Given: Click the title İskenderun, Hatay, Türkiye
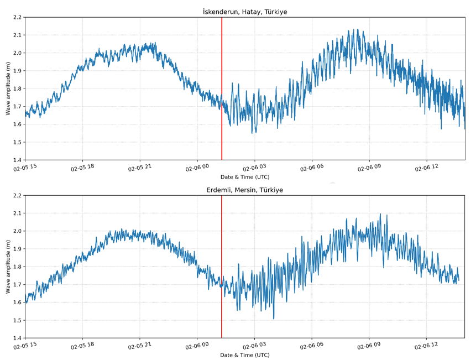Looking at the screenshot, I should tap(245, 12).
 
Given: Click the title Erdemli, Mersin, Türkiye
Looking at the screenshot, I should tap(245, 190).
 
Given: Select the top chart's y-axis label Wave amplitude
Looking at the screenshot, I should tap(8, 88).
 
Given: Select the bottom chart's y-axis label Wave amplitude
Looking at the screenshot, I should tap(8, 267).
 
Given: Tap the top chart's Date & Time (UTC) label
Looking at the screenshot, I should tap(245, 177).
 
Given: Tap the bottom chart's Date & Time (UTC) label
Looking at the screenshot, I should tap(245, 355).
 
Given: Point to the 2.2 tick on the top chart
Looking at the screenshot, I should tap(16, 17).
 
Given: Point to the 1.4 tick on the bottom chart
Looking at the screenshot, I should tap(16, 338).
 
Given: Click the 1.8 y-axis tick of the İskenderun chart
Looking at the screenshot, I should tap(16, 88).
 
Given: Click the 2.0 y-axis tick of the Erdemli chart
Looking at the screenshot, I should tap(16, 231).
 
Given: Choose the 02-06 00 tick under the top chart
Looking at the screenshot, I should tap(197, 168).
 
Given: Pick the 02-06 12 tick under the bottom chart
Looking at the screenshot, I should tap(426, 346).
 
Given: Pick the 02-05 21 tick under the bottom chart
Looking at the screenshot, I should tap(139, 346).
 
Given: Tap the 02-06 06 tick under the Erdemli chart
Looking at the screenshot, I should tap(312, 346).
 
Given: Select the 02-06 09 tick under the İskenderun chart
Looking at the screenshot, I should tap(369, 168).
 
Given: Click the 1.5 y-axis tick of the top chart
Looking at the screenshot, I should tap(16, 142).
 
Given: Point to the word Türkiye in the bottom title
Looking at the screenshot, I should tap(271, 190).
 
